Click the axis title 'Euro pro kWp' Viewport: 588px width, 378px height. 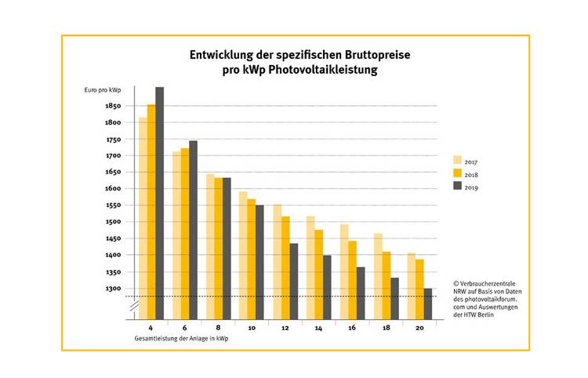pos(103,91)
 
